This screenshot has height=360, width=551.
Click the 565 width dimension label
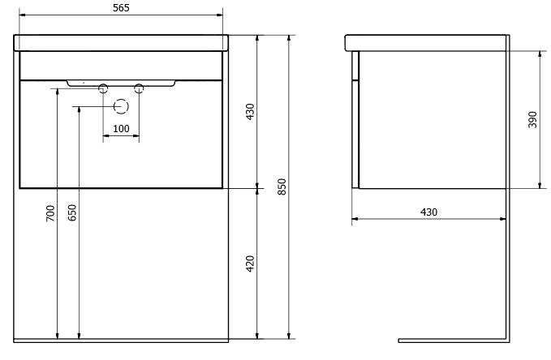click(x=121, y=8)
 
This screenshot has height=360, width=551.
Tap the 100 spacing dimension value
click(x=121, y=129)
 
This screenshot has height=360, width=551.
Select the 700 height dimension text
click(x=50, y=213)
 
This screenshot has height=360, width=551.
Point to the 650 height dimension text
click(x=72, y=213)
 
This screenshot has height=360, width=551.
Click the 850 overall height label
click(x=282, y=186)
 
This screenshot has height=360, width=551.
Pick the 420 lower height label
click(x=250, y=264)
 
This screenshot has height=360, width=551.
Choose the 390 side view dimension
click(x=532, y=120)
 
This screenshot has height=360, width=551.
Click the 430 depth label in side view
click(x=429, y=212)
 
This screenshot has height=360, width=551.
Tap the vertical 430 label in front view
click(x=250, y=112)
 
